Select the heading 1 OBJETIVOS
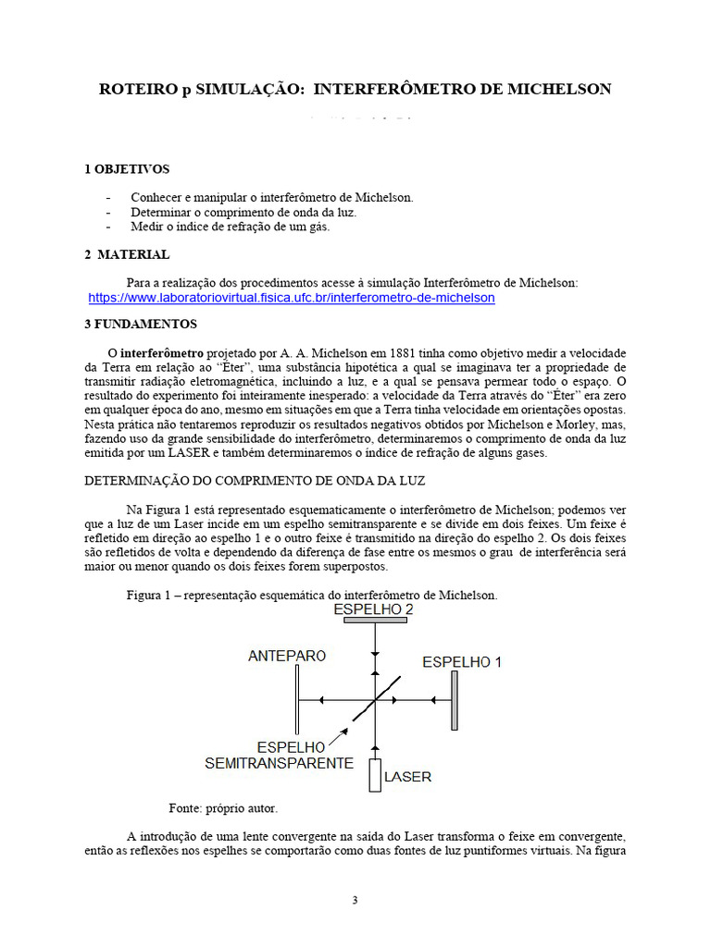[127, 169]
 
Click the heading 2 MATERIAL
[127, 254]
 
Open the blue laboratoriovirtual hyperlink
[292, 298]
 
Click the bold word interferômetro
[163, 354]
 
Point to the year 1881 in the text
[400, 354]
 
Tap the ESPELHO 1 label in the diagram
[462, 662]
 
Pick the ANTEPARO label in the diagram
[287, 656]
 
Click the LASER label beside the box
[407, 777]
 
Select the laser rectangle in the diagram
[375, 775]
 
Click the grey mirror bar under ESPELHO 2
[375, 621]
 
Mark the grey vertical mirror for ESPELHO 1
[455, 700]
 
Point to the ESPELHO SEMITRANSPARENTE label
[279, 755]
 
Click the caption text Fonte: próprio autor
[222, 807]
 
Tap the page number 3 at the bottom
[355, 901]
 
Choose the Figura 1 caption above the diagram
[312, 595]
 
